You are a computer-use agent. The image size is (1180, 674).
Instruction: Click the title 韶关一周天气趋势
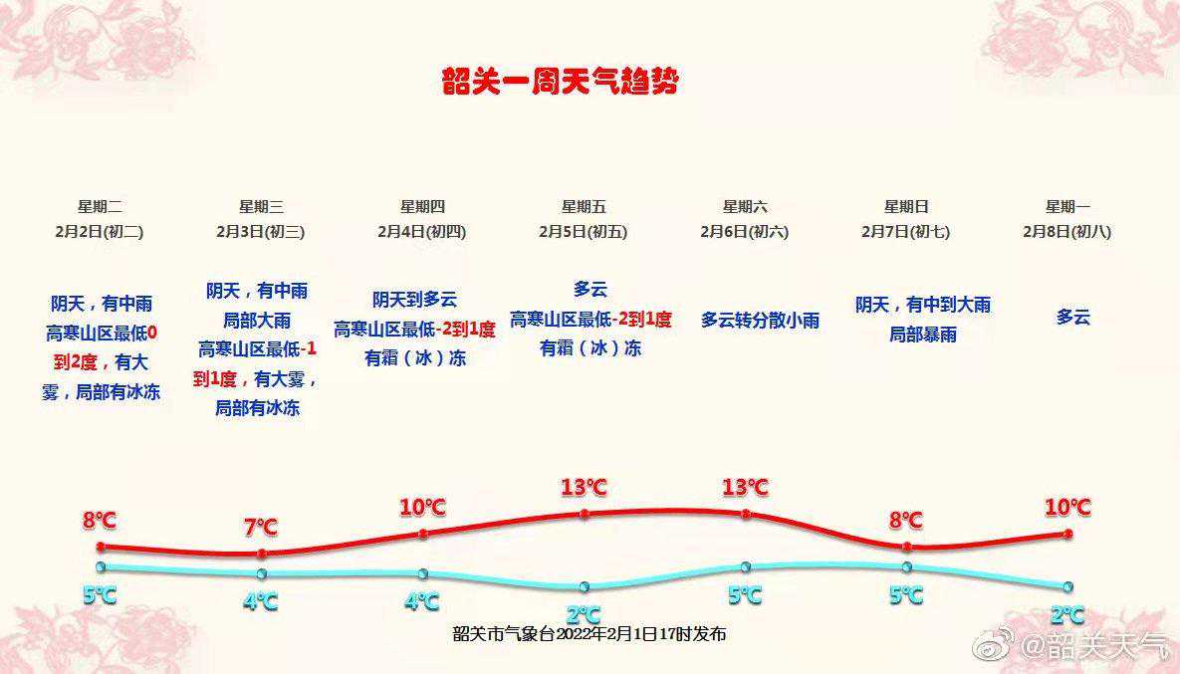(561, 83)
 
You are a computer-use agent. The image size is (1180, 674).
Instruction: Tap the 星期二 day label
(100, 207)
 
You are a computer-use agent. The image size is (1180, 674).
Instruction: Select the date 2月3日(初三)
(260, 232)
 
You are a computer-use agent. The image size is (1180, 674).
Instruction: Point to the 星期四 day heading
(422, 207)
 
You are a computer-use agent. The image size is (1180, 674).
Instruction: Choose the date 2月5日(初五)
(584, 232)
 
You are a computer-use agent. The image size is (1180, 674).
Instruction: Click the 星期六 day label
(745, 207)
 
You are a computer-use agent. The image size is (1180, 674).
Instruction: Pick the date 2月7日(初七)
(906, 232)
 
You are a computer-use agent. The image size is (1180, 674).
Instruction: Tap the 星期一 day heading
(1067, 207)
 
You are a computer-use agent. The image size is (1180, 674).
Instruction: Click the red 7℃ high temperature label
(261, 528)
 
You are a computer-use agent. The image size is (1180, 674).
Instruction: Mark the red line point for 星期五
(585, 514)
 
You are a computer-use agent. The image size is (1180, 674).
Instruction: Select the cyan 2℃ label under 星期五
(584, 615)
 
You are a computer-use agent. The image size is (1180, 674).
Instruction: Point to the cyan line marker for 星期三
(261, 574)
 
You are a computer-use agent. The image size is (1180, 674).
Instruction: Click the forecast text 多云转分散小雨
(760, 320)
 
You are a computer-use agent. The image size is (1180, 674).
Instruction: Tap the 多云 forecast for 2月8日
(1073, 318)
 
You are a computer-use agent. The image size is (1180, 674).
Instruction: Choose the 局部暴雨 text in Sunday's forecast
(923, 335)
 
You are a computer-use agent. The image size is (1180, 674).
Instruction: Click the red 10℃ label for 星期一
(1067, 507)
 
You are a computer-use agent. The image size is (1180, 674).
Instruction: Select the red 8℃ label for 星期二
(100, 520)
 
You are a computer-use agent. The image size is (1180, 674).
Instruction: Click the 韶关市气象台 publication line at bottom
(590, 634)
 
